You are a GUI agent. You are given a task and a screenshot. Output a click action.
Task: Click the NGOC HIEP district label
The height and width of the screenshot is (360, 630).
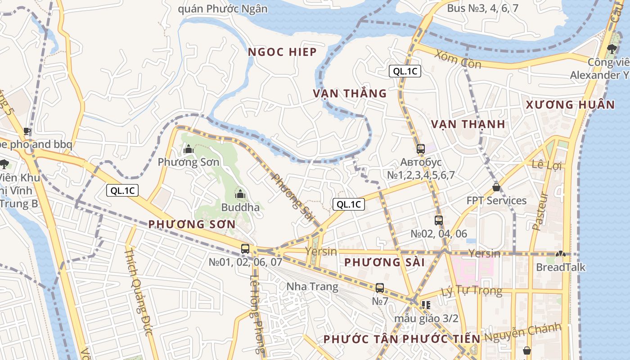tap(283, 52)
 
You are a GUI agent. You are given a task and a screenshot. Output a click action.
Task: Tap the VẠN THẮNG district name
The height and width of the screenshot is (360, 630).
tap(350, 94)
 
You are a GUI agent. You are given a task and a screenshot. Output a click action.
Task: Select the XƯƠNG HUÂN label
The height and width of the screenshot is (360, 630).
tap(570, 105)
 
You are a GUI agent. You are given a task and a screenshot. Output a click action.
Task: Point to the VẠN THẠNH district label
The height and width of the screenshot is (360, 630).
tap(468, 124)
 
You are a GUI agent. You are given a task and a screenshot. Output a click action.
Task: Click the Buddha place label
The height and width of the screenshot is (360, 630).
tap(240, 207)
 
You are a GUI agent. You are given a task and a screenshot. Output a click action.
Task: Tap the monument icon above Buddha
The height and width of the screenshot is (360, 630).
tap(240, 194)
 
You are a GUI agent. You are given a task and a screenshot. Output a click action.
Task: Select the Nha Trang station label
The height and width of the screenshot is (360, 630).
tap(312, 287)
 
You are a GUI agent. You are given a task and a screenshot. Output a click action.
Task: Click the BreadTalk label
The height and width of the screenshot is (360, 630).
tap(561, 267)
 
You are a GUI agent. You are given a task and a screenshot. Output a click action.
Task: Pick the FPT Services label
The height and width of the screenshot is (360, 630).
tap(496, 201)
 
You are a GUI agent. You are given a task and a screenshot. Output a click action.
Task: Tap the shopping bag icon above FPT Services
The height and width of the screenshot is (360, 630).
tap(496, 187)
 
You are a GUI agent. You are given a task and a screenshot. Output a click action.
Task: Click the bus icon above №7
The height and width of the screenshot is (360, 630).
tap(380, 288)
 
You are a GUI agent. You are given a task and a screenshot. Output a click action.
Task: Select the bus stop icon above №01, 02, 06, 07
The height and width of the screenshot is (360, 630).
tap(245, 248)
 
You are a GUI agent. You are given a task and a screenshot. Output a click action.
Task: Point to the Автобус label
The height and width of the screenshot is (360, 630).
tap(421, 162)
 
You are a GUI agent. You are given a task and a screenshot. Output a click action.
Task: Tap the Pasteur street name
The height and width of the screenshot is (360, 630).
tap(540, 211)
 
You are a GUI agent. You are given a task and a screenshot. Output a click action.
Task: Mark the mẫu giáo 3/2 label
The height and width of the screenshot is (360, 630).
tap(426, 319)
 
